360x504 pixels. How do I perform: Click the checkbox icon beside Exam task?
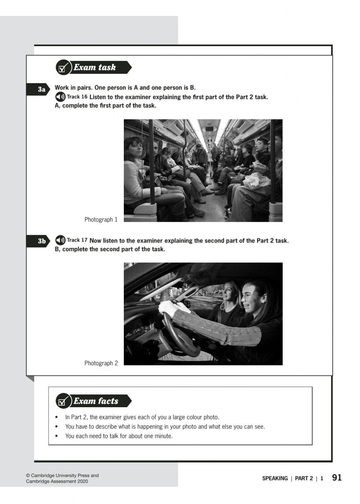(63, 67)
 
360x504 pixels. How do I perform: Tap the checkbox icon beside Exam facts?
(63, 401)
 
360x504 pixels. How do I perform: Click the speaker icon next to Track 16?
(60, 97)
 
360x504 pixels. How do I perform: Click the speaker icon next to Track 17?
(60, 240)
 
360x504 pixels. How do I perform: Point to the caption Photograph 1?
(101, 220)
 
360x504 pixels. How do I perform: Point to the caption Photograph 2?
(101, 363)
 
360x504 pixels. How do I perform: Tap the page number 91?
(337, 478)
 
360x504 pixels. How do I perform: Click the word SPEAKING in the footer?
(275, 478)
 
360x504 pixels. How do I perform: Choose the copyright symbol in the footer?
(28, 476)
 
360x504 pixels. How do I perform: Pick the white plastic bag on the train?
(256, 180)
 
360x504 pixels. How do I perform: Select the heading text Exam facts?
(96, 401)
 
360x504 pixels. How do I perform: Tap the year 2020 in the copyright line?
(82, 481)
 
